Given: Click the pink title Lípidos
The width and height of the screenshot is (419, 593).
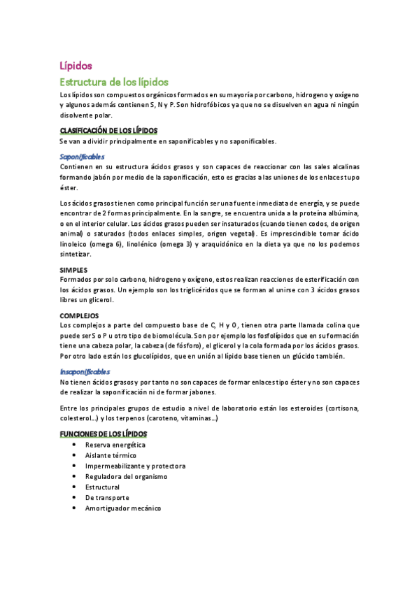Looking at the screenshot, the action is (76, 66).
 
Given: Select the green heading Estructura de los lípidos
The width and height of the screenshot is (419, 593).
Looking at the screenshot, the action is (114, 81).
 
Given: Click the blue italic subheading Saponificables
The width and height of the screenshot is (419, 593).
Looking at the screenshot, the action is (82, 157).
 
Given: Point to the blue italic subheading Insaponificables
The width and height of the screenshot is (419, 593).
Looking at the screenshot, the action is (85, 372).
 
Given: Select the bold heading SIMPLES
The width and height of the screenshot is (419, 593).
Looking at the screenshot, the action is (73, 269).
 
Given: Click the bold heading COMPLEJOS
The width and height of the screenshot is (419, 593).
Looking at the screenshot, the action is (78, 315).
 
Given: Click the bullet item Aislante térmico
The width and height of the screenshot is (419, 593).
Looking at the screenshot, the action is (111, 455).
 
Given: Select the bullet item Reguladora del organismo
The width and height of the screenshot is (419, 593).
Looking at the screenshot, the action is (126, 476).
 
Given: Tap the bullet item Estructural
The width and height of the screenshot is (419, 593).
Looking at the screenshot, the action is (102, 487).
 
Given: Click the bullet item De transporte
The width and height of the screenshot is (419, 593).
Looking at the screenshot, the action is (107, 497).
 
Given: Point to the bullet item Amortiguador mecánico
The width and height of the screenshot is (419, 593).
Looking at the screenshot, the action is (122, 508).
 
